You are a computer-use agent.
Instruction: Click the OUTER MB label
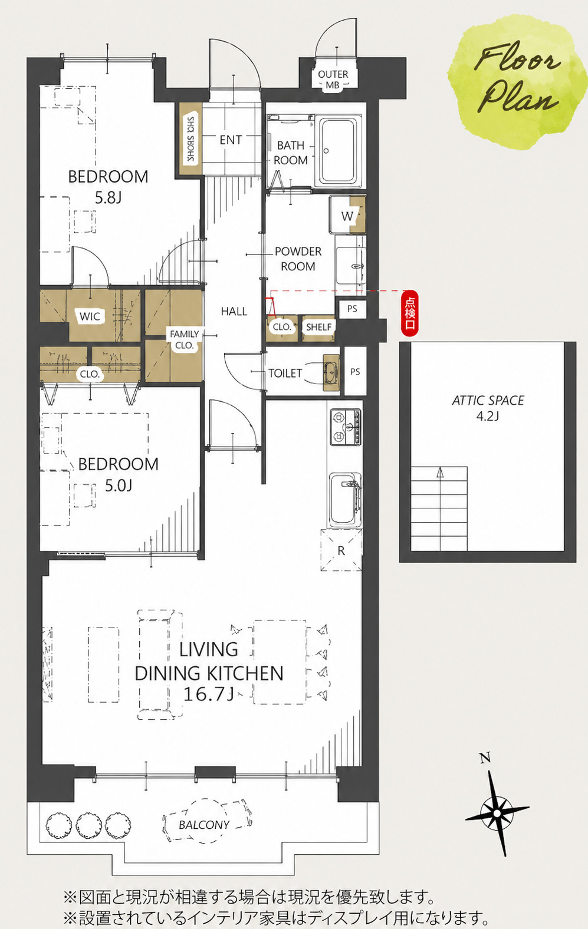click(x=333, y=80)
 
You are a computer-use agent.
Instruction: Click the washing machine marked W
click(x=347, y=215)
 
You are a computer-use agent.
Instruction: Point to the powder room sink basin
click(x=351, y=266)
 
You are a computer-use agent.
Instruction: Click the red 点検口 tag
click(x=410, y=312)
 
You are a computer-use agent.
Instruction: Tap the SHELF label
click(x=318, y=327)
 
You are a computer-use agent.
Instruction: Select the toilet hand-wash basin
click(x=331, y=372)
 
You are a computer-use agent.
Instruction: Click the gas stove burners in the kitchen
click(x=346, y=427)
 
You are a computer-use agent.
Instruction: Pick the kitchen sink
click(x=346, y=500)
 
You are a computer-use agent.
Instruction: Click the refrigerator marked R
click(x=341, y=550)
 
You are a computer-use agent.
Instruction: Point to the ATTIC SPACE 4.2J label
click(x=488, y=407)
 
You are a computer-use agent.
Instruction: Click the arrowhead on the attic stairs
click(x=440, y=471)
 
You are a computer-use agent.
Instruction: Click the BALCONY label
click(x=204, y=825)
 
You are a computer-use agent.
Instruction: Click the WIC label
click(x=90, y=316)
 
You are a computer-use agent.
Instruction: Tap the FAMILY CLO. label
click(x=185, y=339)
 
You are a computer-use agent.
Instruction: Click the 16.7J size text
click(x=208, y=694)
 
